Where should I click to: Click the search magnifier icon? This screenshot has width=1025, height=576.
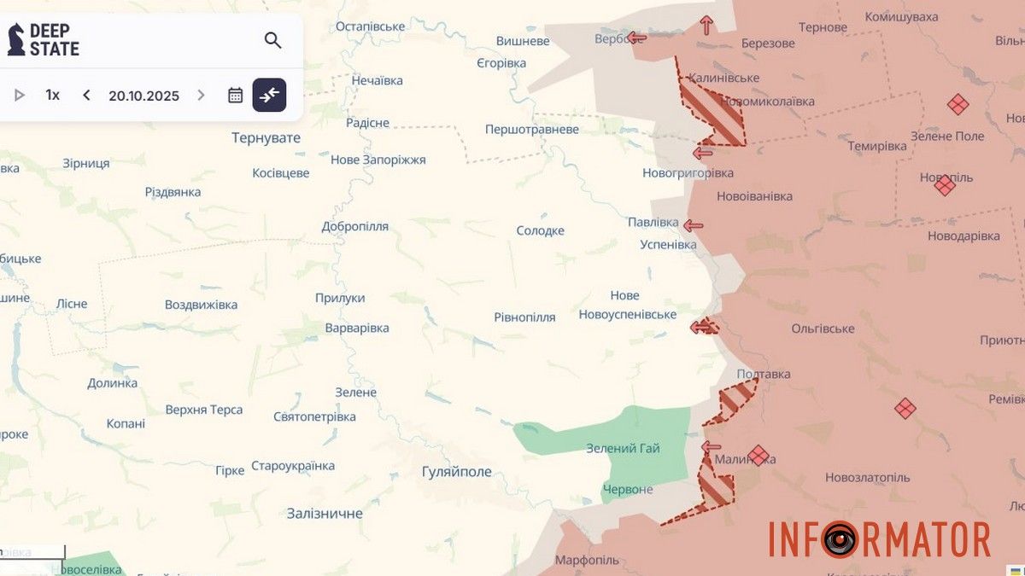pyautogui.click(x=272, y=40)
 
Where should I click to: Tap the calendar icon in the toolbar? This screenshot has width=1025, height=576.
pyautogui.click(x=236, y=95)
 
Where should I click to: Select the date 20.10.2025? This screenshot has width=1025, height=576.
pyautogui.click(x=143, y=96)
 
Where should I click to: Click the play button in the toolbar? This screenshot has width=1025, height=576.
pyautogui.click(x=20, y=95)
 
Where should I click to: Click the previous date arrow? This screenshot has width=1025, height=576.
pyautogui.click(x=86, y=95)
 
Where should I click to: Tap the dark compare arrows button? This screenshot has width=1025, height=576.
pyautogui.click(x=269, y=95)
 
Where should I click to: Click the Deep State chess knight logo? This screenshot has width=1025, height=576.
pyautogui.click(x=16, y=40)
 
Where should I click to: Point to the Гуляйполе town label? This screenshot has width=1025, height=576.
pyautogui.click(x=457, y=472)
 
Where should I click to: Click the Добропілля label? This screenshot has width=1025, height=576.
pyautogui.click(x=354, y=226)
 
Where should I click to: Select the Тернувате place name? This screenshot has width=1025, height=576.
pyautogui.click(x=266, y=137)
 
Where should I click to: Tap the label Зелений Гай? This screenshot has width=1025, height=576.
pyautogui.click(x=623, y=448)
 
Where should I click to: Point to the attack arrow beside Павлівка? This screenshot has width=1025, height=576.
pyautogui.click(x=693, y=226)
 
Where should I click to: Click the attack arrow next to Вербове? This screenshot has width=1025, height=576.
pyautogui.click(x=637, y=38)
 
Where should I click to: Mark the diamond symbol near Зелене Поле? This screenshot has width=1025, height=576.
pyautogui.click(x=958, y=105)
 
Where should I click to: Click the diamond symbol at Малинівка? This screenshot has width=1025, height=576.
pyautogui.click(x=758, y=456)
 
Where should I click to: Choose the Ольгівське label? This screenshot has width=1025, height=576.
pyautogui.click(x=823, y=329)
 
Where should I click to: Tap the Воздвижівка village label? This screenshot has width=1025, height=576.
pyautogui.click(x=201, y=305)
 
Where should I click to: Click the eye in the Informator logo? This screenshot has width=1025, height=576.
pyautogui.click(x=840, y=539)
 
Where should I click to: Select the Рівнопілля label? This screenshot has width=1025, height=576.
pyautogui.click(x=524, y=317)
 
